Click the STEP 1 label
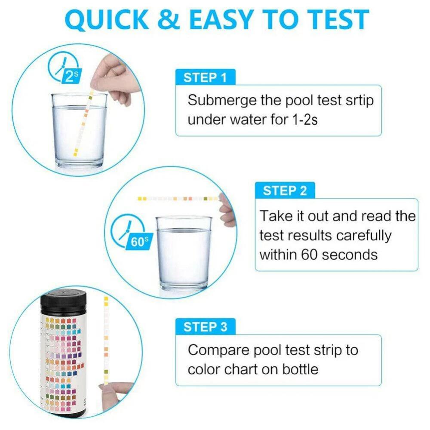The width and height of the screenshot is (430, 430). coord(205,78)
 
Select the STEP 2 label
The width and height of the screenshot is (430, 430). coord(285,190)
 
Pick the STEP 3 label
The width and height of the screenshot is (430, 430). coord(205,327)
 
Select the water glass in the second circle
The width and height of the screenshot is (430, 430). coord(184,254)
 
